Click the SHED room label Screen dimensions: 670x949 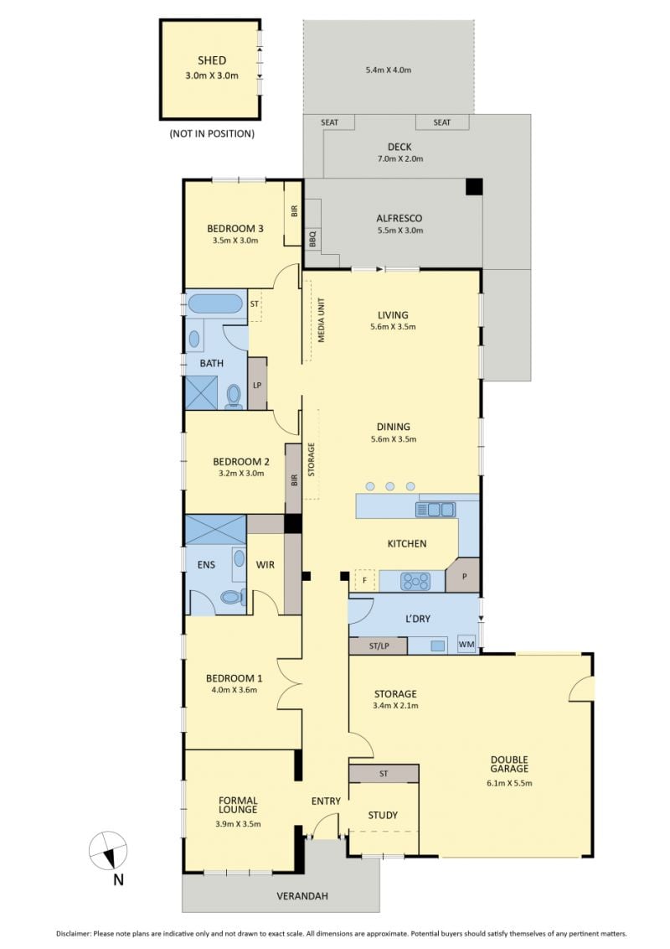pyautogui.click(x=212, y=60)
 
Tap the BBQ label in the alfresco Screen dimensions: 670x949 pyautogui.click(x=312, y=238)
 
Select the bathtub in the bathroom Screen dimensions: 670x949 pyautogui.click(x=215, y=303)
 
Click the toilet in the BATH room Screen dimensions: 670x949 pyautogui.click(x=234, y=397)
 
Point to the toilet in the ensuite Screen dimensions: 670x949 pyautogui.click(x=232, y=598)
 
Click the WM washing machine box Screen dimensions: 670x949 pyautogui.click(x=466, y=645)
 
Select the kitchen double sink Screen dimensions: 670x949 pyautogui.click(x=435, y=510)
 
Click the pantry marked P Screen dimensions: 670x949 pyautogui.click(x=463, y=575)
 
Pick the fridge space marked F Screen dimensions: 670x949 pyautogui.click(x=364, y=580)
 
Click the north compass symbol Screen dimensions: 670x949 pyautogui.click(x=108, y=850)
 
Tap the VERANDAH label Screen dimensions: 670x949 pyautogui.click(x=302, y=895)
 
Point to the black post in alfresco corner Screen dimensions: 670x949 pyautogui.click(x=474, y=186)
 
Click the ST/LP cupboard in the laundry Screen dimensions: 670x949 pyautogui.click(x=379, y=646)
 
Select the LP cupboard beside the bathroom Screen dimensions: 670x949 pyautogui.click(x=257, y=384)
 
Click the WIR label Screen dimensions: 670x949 pyautogui.click(x=265, y=565)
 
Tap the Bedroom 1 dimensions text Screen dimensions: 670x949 pyautogui.click(x=234, y=690)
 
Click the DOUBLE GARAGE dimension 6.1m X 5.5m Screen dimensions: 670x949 pyautogui.click(x=509, y=783)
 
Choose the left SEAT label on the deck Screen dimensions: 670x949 pyautogui.click(x=330, y=122)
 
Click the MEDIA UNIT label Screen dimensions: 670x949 pyautogui.click(x=321, y=320)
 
